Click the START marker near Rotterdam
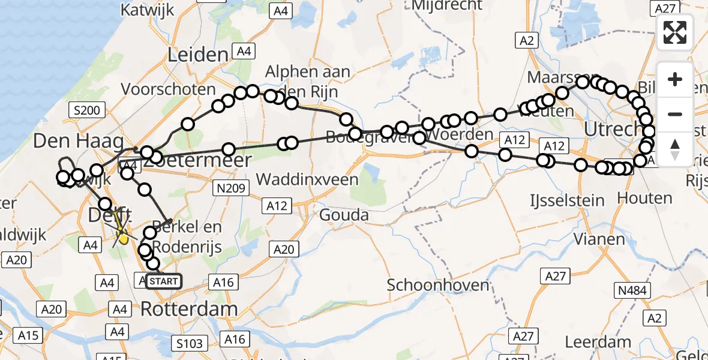click(x=163, y=281)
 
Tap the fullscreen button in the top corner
click(x=675, y=33)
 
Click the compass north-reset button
click(x=675, y=149)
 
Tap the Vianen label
click(x=599, y=239)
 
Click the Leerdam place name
click(x=598, y=342)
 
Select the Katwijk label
click(x=147, y=10)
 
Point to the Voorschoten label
click(x=168, y=89)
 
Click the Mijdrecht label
click(x=447, y=5)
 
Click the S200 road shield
click(x=88, y=110)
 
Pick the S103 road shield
click(x=190, y=343)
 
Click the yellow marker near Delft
click(x=124, y=239)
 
